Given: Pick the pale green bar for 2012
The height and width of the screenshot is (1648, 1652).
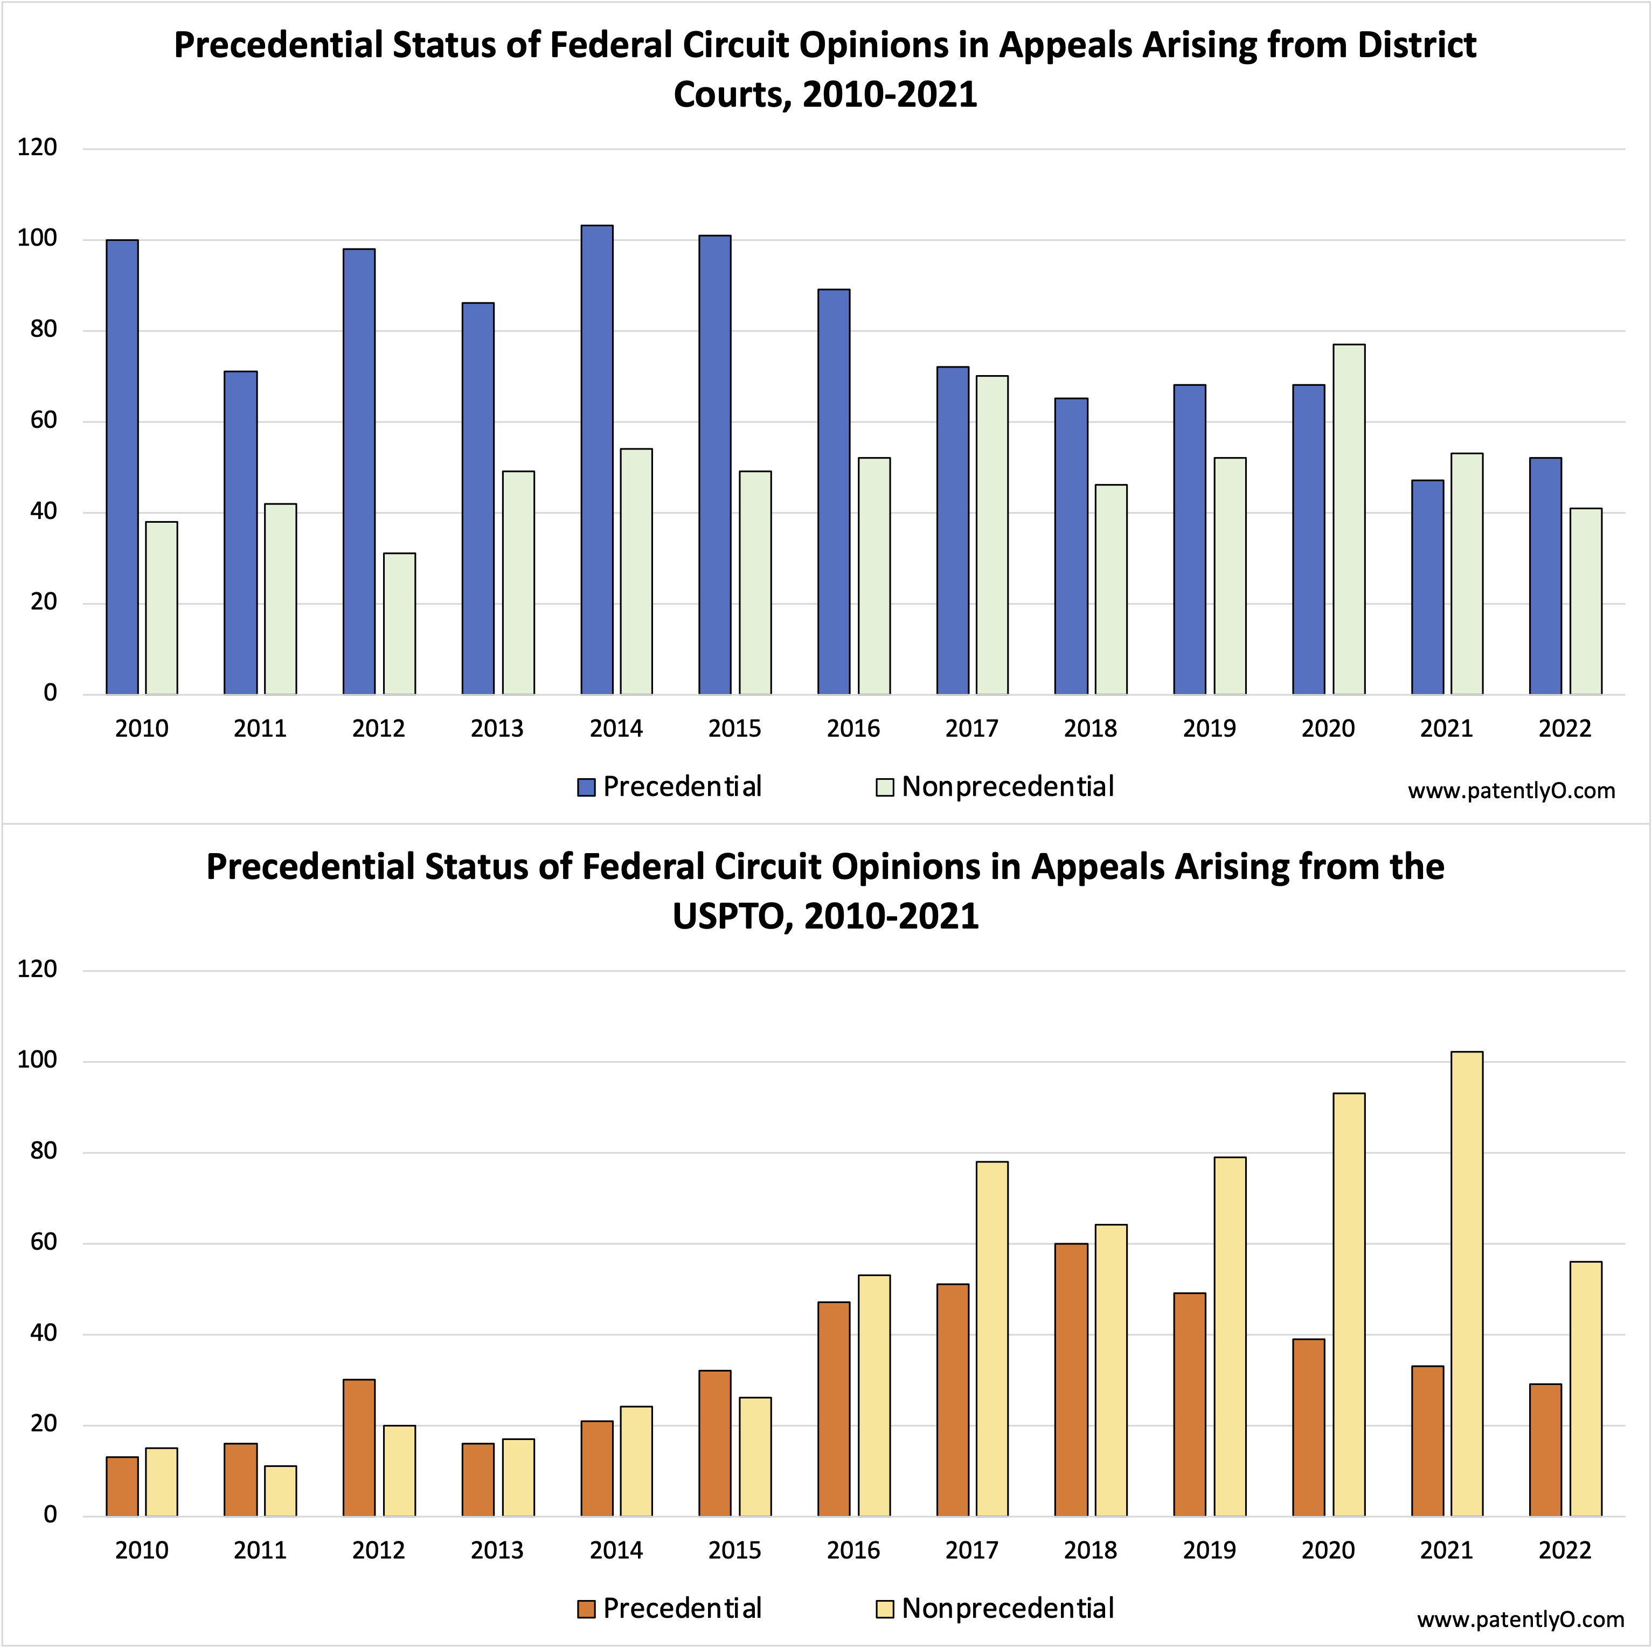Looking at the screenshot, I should [399, 624].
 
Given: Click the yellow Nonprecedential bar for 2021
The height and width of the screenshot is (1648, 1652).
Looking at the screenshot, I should [1467, 1285].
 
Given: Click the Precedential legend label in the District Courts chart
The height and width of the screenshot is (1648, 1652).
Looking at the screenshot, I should [682, 787].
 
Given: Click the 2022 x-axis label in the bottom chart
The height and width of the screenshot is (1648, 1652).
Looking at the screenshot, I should [1565, 1550].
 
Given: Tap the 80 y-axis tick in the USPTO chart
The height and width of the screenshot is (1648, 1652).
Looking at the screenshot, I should [43, 1151].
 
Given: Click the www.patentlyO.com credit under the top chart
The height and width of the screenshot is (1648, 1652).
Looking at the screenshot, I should [1511, 791].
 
